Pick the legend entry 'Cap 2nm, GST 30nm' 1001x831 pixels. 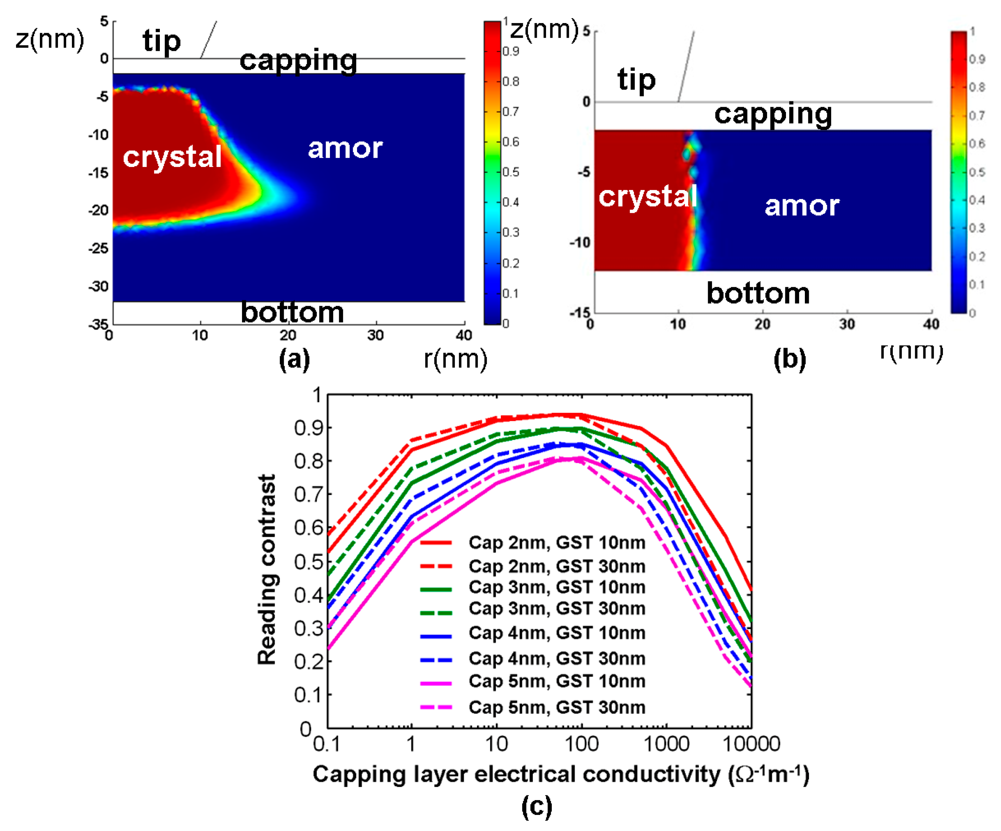[557, 566]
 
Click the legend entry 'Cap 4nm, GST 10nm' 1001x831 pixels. [557, 633]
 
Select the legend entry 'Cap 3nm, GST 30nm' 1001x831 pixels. [557, 609]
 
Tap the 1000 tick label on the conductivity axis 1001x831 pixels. [666, 744]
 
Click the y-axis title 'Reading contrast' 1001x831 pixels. [267, 569]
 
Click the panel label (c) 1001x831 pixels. [537, 806]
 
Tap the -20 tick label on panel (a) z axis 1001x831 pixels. [99, 210]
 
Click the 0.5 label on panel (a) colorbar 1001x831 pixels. [511, 172]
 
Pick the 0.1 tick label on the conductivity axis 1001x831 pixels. [327, 744]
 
